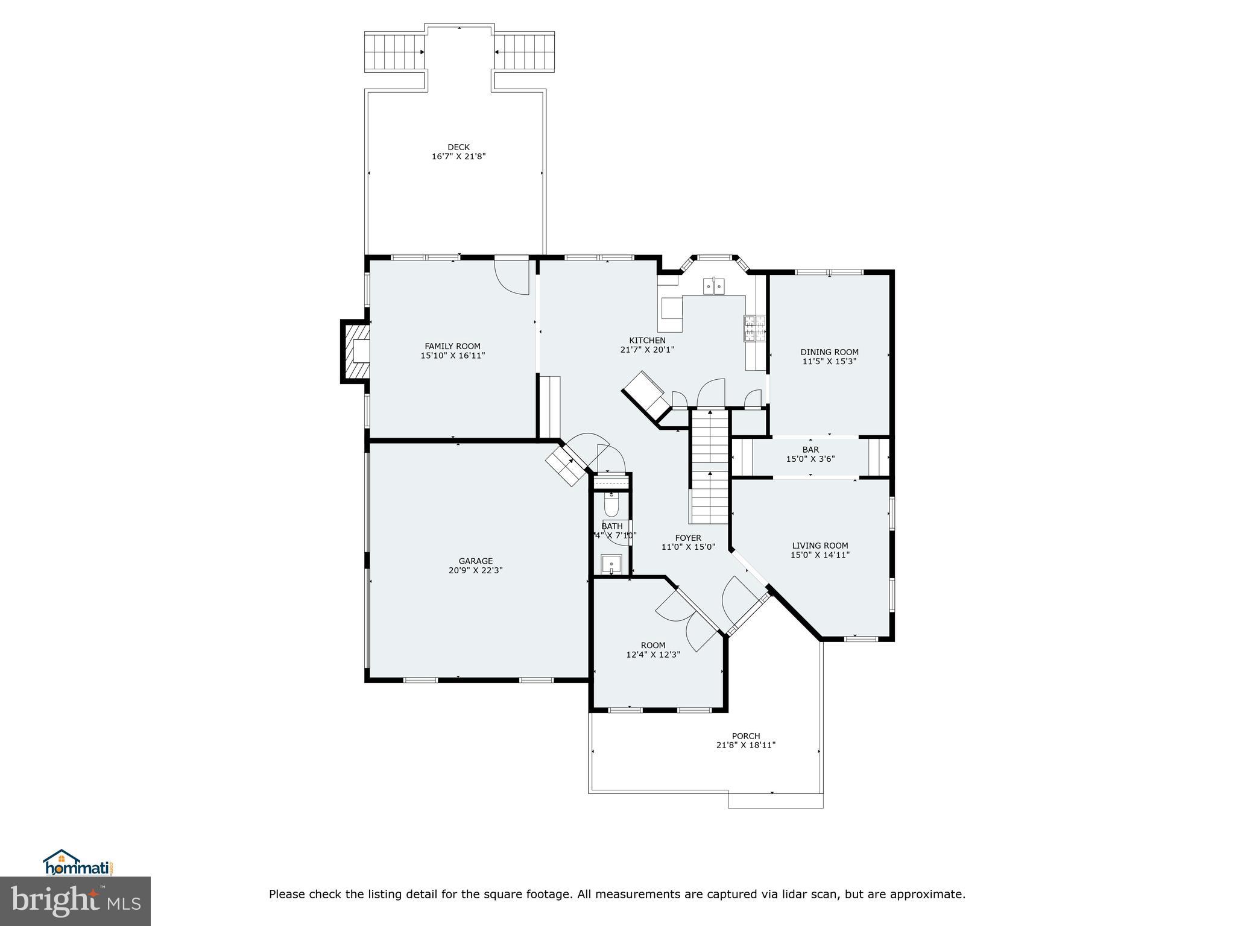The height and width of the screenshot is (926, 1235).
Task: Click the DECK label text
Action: tap(458, 147)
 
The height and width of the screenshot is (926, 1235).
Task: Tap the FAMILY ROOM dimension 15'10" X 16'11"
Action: tap(452, 356)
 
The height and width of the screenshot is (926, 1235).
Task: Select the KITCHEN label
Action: tap(647, 341)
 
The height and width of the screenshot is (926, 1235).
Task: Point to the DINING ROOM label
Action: tap(829, 352)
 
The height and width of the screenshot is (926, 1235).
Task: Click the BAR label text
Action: tap(810, 450)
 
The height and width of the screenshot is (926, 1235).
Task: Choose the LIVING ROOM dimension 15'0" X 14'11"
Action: tap(820, 555)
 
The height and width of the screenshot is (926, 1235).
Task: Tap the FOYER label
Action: tap(688, 538)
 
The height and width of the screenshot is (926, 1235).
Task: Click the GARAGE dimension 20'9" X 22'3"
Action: tap(475, 570)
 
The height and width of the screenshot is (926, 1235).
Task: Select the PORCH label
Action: tap(745, 735)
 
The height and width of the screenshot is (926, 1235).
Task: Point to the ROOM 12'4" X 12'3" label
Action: tap(653, 645)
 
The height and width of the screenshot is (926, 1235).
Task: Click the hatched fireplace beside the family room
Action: tap(356, 352)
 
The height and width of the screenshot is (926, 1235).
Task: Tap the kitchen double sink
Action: tap(715, 286)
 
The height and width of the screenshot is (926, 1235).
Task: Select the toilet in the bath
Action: tap(610, 505)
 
